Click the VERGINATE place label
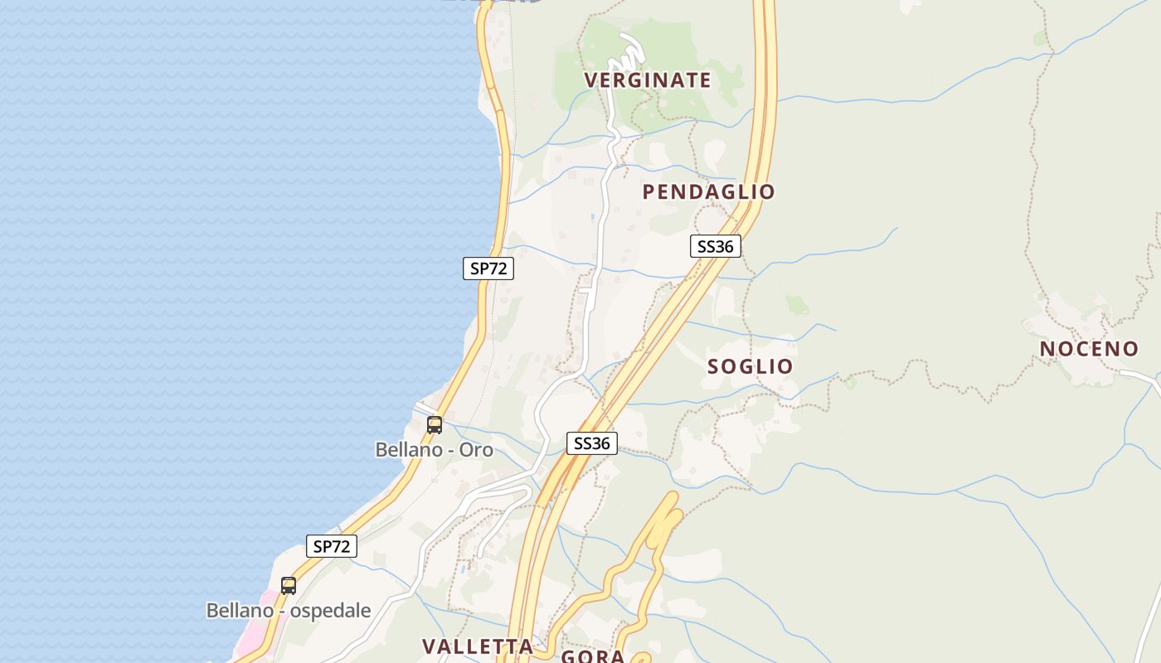[x=648, y=80]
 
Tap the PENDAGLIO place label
[x=708, y=192]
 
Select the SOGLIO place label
[x=750, y=366]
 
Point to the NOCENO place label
[x=1089, y=349]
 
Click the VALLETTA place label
[x=477, y=646]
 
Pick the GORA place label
[x=592, y=656]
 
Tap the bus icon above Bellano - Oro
[x=435, y=425]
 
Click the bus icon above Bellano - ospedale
[x=289, y=586]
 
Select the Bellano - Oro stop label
[x=434, y=450]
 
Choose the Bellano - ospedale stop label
[x=288, y=611]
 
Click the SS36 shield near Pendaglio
[x=715, y=246]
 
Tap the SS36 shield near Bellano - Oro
[x=592, y=443]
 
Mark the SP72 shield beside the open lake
[x=488, y=269]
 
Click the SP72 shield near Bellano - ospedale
[x=332, y=546]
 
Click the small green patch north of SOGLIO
[x=797, y=304]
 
